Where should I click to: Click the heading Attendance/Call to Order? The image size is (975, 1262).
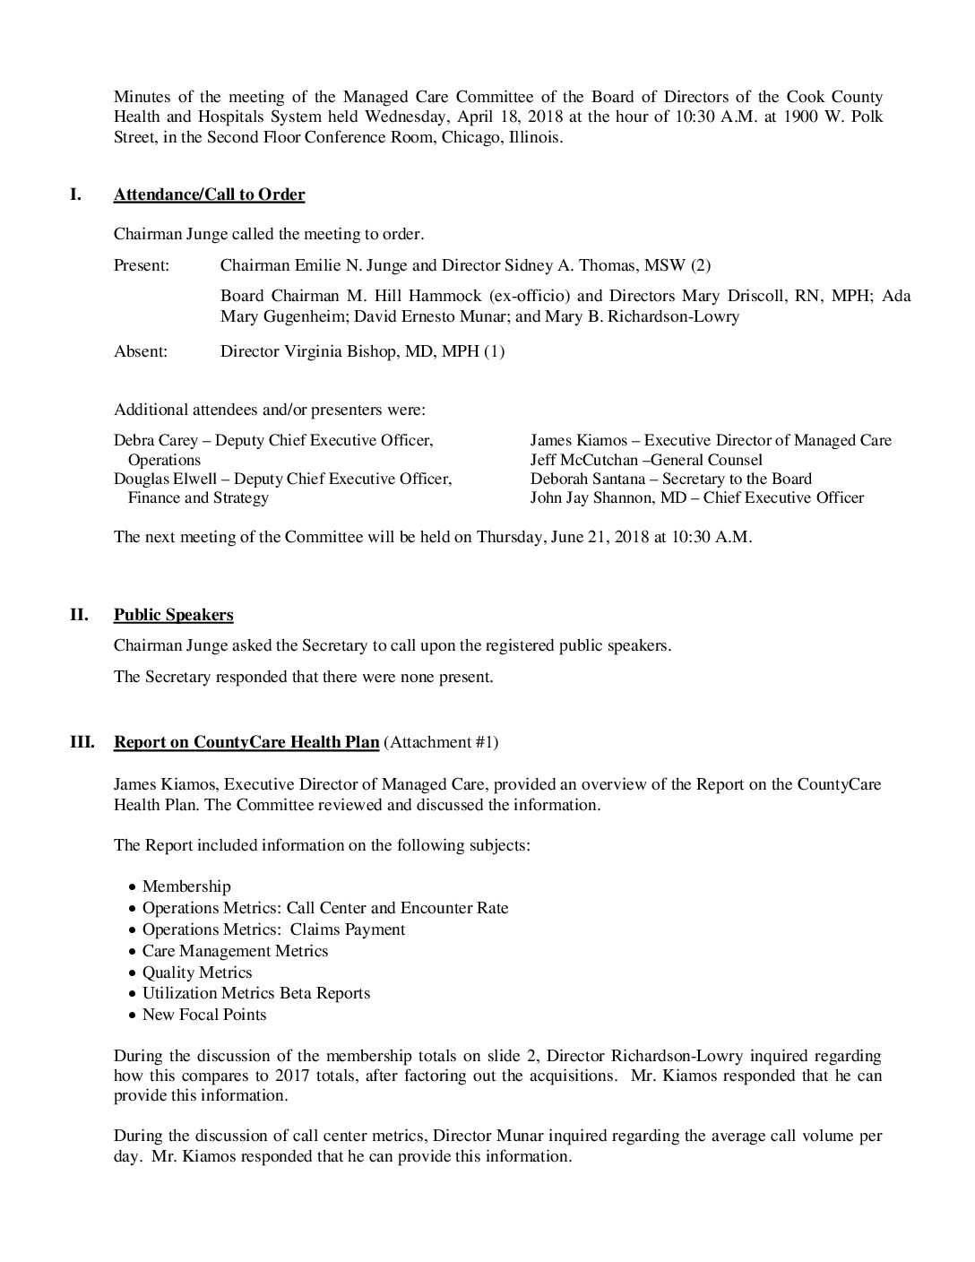[209, 195]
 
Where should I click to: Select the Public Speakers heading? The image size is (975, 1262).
[173, 615]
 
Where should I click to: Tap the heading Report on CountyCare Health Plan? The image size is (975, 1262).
[246, 742]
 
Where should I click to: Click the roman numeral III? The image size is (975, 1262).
[82, 742]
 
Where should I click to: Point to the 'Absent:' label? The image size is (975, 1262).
[141, 351]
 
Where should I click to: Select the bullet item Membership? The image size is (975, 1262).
[186, 886]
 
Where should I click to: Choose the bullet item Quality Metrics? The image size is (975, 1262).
[196, 972]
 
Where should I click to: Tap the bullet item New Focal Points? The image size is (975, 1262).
[203, 1015]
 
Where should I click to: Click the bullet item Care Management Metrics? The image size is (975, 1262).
[235, 951]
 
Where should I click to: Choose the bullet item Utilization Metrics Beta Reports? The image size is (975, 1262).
[255, 993]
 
